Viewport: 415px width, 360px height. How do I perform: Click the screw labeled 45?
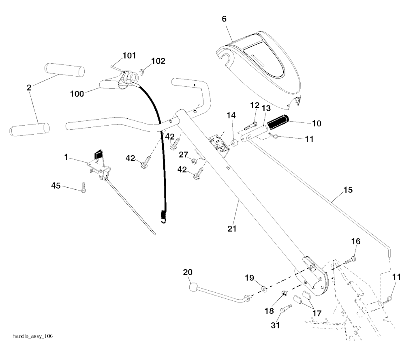(84, 188)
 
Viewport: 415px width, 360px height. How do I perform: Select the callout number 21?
(231, 229)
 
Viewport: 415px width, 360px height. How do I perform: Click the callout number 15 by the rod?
(348, 190)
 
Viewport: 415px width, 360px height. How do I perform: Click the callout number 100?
(77, 94)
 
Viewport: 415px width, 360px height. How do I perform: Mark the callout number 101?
(129, 56)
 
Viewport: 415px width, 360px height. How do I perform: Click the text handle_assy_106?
(33, 336)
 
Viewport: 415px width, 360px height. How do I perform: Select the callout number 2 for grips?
(29, 87)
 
